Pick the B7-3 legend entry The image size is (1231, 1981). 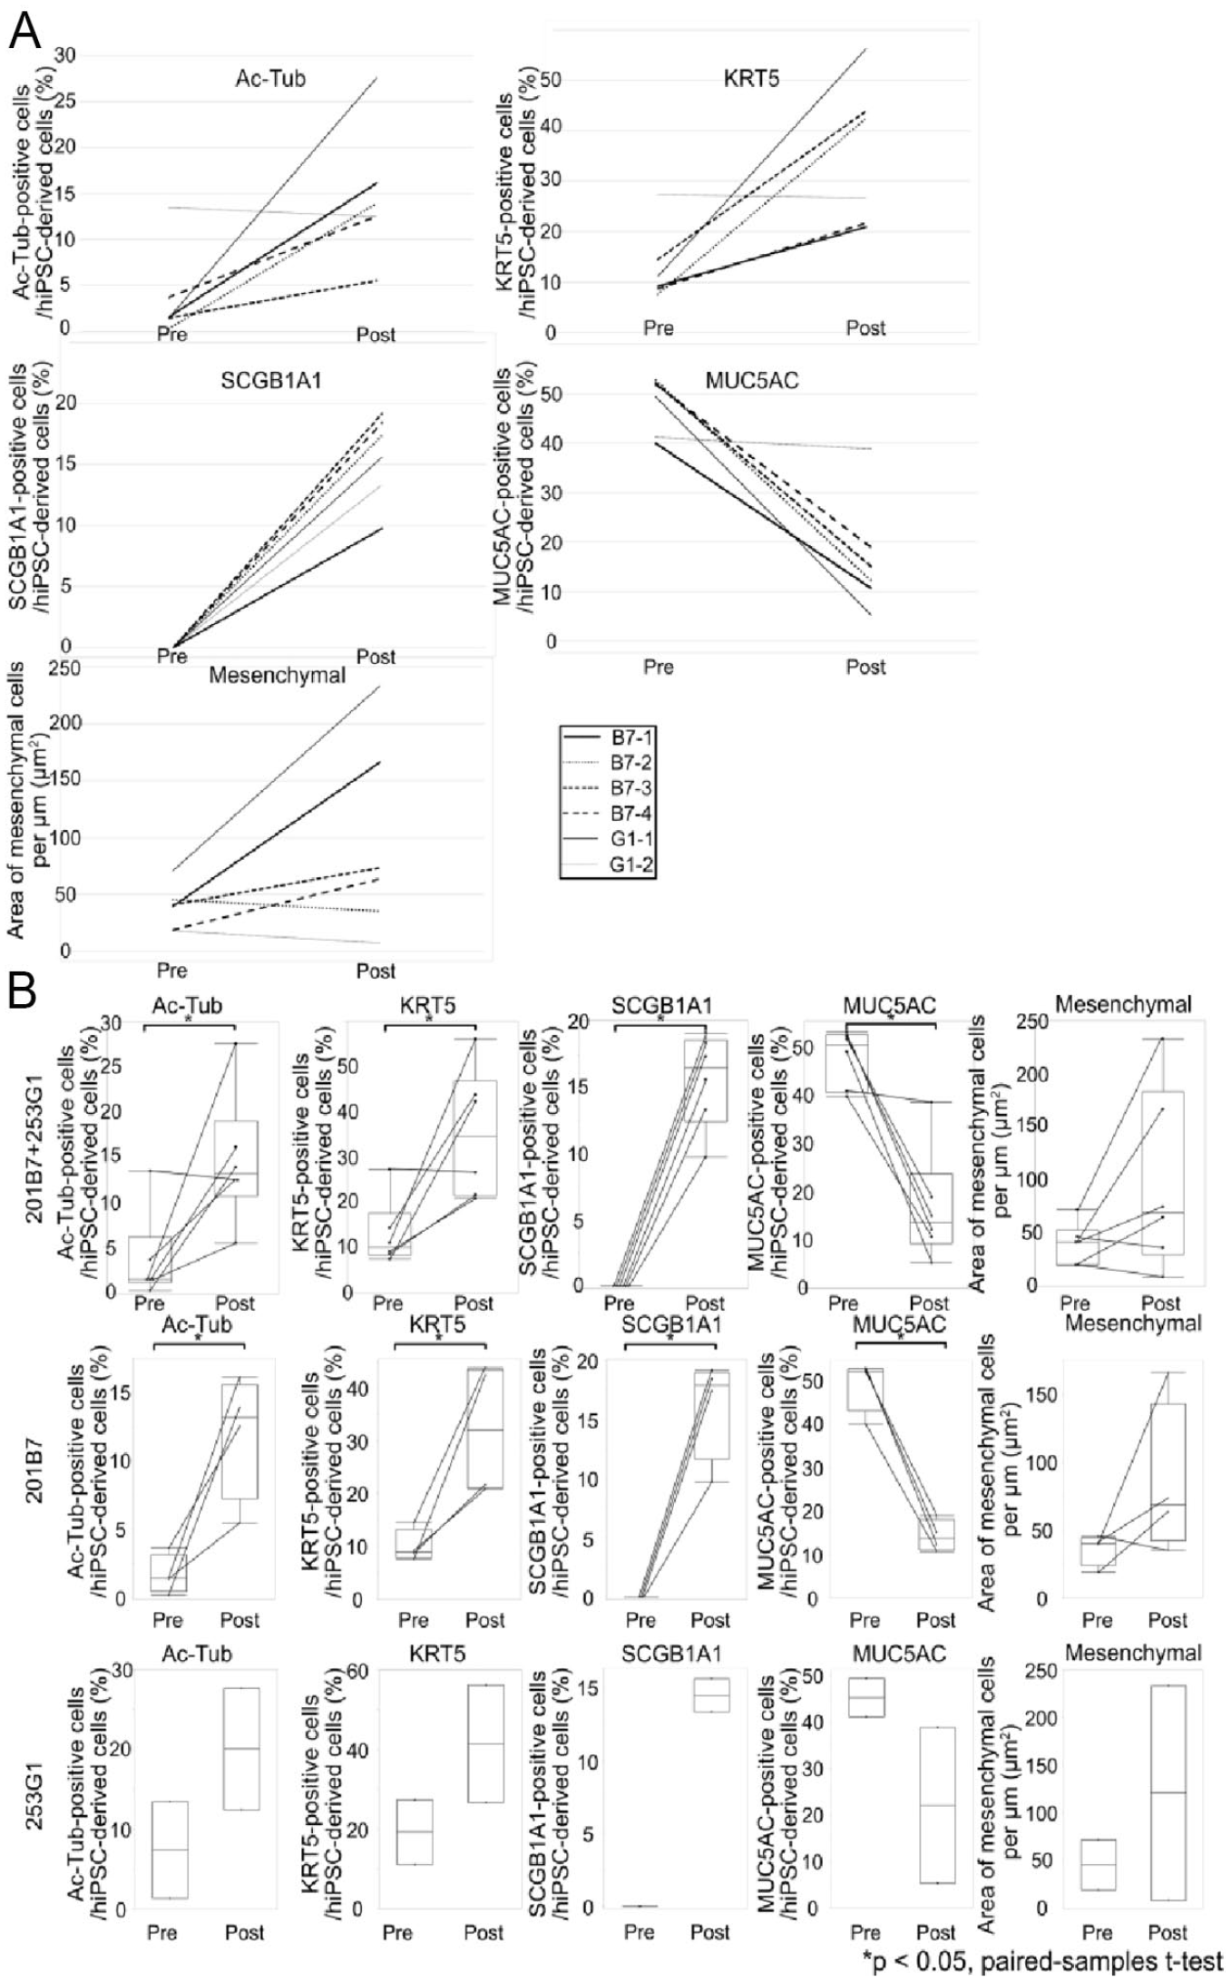coord(608,787)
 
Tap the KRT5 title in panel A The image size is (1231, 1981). coord(751,79)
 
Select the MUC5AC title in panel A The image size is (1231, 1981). coord(752,380)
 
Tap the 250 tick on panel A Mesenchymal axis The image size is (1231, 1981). coord(65,668)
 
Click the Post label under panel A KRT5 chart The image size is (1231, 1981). coord(865,327)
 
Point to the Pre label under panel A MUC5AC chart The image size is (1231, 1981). coord(658,667)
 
